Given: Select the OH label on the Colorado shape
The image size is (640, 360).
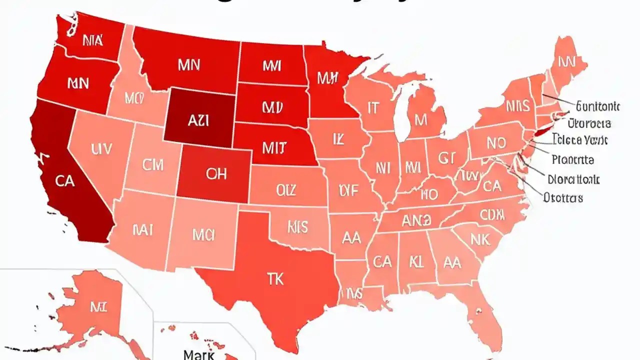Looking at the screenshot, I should click(216, 173).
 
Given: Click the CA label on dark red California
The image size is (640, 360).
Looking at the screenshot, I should click(65, 181).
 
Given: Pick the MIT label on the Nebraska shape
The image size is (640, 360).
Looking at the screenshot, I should click(274, 147).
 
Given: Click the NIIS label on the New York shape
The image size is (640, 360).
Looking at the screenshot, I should click(516, 105).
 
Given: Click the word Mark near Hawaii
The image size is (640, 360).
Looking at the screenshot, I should click(199, 354).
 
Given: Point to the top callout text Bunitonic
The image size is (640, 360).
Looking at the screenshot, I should click(598, 106).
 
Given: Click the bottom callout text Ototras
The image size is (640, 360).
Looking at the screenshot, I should click(563, 197).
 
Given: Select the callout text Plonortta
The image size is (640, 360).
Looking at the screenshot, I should click(573, 160).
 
